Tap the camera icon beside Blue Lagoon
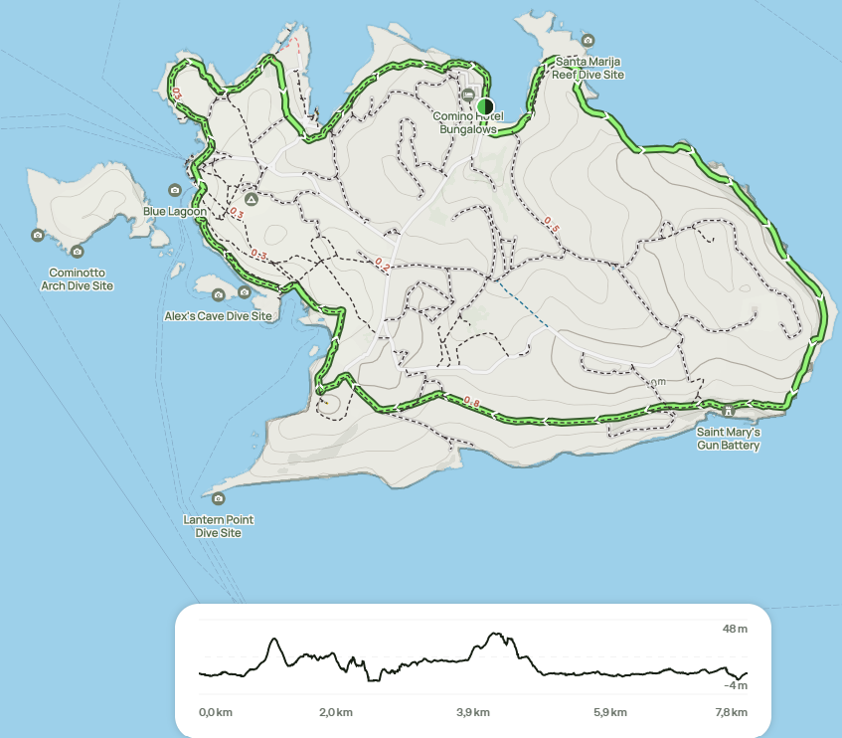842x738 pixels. coord(175,189)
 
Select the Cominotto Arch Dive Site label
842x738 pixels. coord(78,279)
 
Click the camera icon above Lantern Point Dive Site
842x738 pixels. coord(219,498)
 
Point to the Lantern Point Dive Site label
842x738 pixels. coord(219,526)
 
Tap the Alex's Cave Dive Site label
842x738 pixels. coord(218,316)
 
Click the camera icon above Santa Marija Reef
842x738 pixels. coord(589,41)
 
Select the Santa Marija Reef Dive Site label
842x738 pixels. coord(589,68)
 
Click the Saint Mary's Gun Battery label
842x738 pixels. coord(729,439)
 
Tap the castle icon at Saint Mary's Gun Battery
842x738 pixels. coord(729,411)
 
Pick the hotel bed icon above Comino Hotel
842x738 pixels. coord(469,94)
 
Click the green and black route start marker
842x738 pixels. coord(485,106)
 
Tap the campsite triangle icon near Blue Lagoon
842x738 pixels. coord(251,199)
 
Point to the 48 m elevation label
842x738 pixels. coord(735,629)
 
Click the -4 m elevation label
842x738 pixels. coord(735,685)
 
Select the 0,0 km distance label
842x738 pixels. coord(216,712)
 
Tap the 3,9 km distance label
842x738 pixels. coord(473,712)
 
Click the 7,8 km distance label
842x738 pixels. coord(731,712)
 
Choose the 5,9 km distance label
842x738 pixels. coord(610,712)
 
